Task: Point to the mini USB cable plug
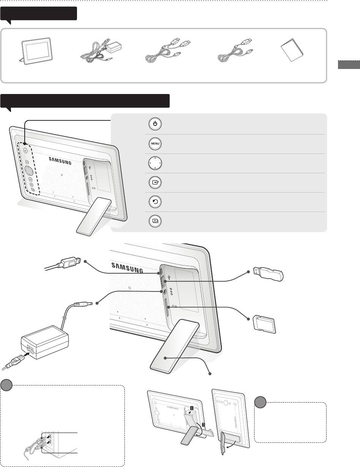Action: click(x=71, y=263)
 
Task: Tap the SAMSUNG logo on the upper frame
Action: click(x=60, y=161)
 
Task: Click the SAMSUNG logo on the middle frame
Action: click(x=127, y=268)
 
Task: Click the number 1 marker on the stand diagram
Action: click(x=192, y=407)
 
